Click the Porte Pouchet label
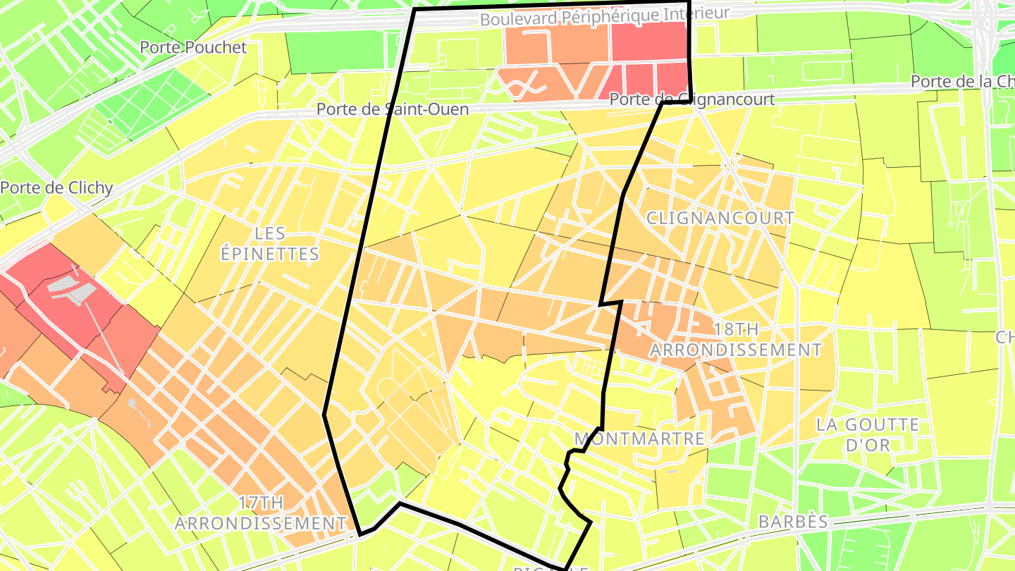193,48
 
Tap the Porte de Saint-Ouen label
392,109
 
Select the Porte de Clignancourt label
691,99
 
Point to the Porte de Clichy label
56,188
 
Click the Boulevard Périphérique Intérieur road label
604,15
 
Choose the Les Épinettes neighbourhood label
270,243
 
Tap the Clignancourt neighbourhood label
720,218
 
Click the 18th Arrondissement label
735,339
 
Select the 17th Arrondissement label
260,513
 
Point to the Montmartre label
639,438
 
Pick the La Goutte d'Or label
868,434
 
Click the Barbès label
793,522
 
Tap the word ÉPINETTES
270,254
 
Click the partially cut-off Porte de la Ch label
962,82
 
